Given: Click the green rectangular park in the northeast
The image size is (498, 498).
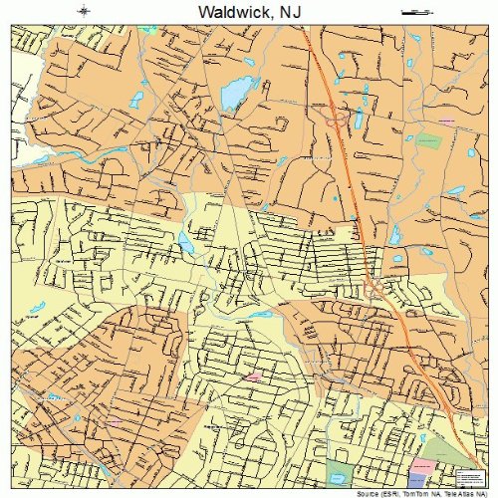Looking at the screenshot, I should coord(428,140).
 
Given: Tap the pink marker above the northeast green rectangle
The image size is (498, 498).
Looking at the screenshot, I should coord(445,122).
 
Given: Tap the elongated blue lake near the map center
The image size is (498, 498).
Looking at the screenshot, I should coord(185,242).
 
